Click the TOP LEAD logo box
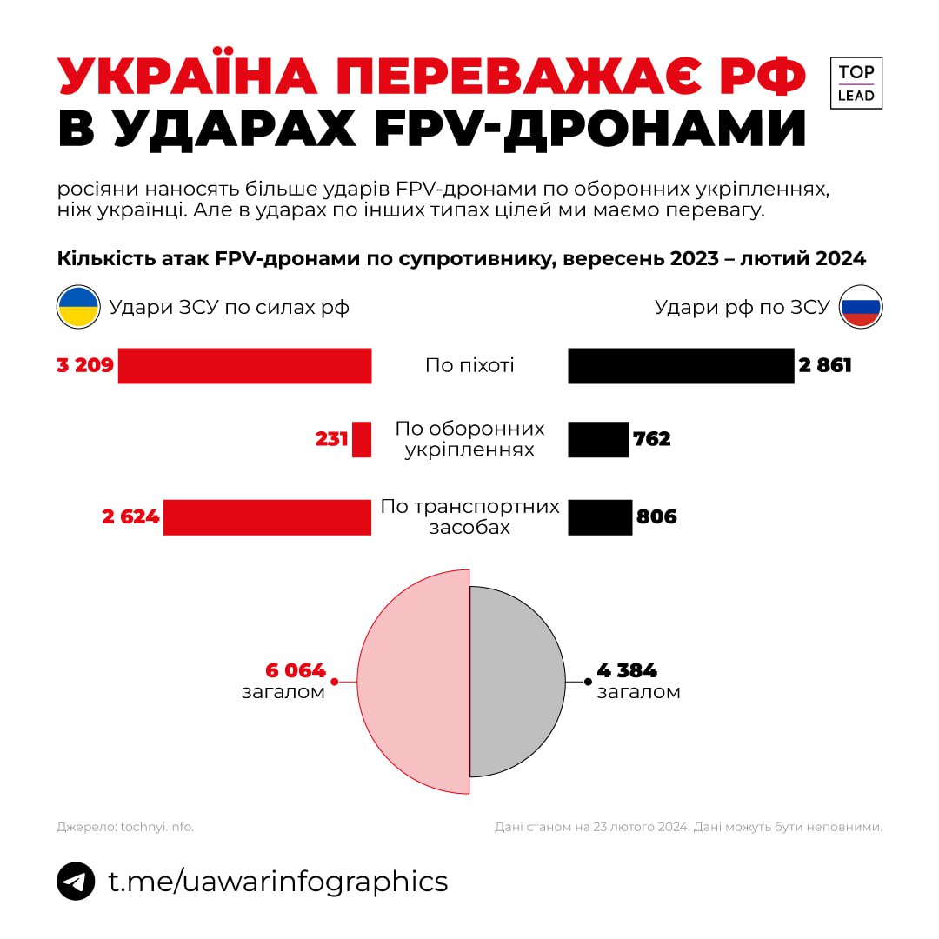tap(856, 83)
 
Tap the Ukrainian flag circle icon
tap(78, 307)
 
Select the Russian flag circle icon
tap(861, 307)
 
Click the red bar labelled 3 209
tap(244, 365)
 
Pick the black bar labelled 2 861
tap(681, 365)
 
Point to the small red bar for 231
tap(362, 439)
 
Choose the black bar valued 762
tap(598, 439)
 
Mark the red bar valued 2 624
tap(267, 517)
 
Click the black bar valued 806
tap(600, 517)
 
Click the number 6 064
tap(296, 670)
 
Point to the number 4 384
tap(627, 670)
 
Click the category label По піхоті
tap(469, 365)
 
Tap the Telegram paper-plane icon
tap(76, 881)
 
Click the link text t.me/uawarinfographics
tap(277, 881)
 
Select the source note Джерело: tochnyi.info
tap(125, 827)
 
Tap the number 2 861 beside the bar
tap(825, 365)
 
